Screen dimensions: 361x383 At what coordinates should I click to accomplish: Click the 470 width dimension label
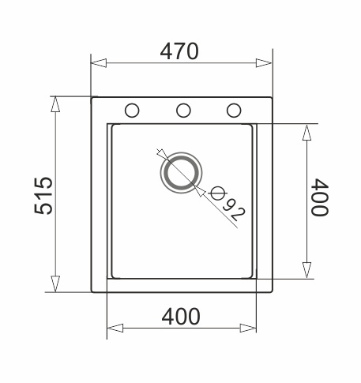179,51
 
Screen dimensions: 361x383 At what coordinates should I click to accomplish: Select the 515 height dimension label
43,195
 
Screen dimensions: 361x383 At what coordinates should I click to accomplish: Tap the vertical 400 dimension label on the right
320,197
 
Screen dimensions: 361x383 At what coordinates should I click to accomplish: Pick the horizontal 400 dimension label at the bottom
181,317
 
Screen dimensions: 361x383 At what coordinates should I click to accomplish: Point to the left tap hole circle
132,111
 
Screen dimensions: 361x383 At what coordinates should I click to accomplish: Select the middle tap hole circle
183,111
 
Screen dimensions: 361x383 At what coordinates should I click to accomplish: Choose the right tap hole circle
234,111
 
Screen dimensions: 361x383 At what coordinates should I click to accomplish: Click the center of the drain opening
182,172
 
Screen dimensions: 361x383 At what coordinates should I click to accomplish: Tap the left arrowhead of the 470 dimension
99,63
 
